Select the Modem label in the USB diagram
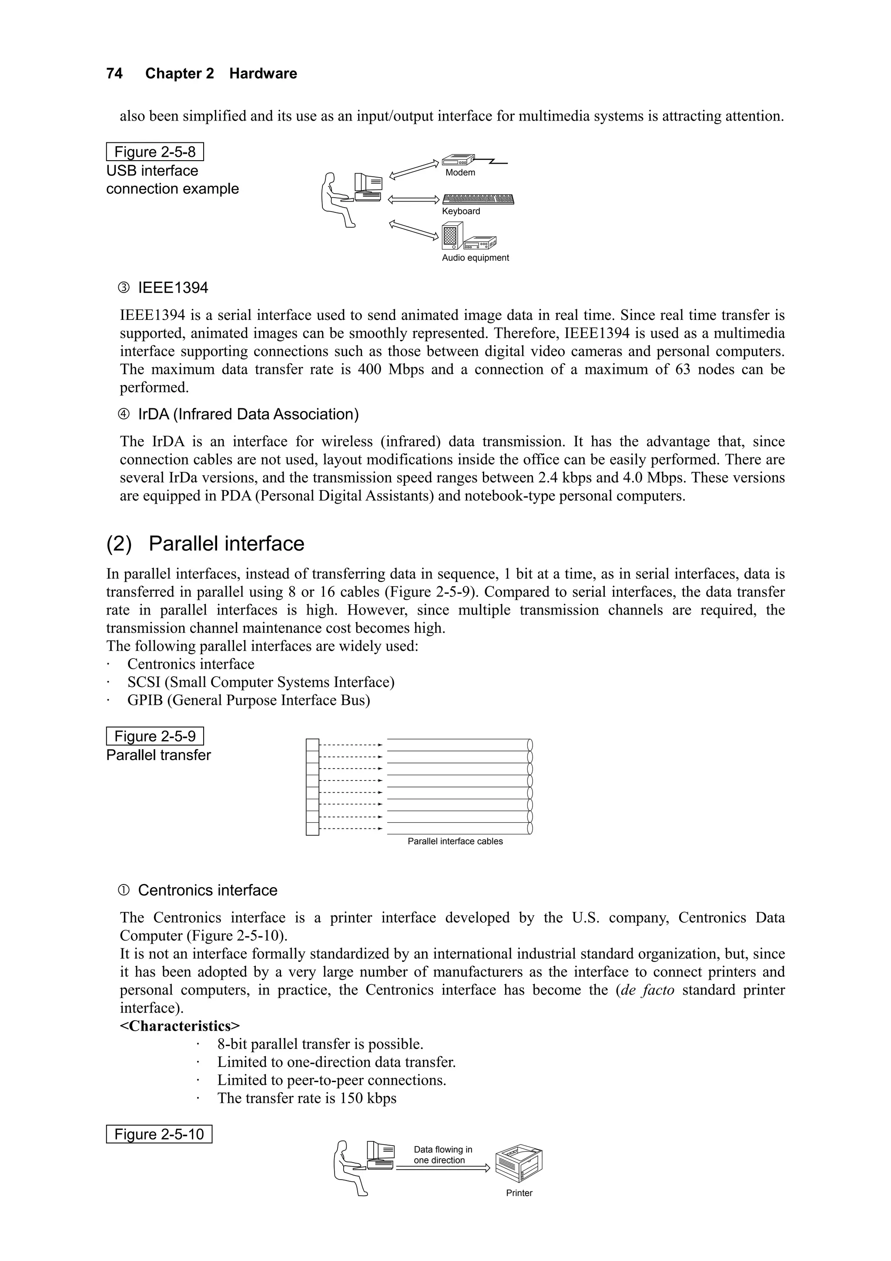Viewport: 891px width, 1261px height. pos(460,172)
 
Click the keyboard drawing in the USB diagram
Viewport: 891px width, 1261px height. pos(478,199)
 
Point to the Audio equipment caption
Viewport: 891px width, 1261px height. pos(476,258)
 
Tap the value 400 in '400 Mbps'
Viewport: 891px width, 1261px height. pos(369,370)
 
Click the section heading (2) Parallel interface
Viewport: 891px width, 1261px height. pos(205,544)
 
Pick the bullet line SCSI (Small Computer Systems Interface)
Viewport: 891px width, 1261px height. pos(261,682)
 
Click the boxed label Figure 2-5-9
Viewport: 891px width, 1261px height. pos(154,736)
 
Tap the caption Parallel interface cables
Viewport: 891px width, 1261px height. pos(455,841)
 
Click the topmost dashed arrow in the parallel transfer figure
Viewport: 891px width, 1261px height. pos(350,745)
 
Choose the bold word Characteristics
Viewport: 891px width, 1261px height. pos(180,1026)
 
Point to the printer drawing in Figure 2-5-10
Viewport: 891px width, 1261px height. pos(518,1163)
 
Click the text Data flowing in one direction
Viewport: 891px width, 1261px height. pos(442,1154)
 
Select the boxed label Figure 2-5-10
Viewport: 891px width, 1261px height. pos(159,1134)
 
